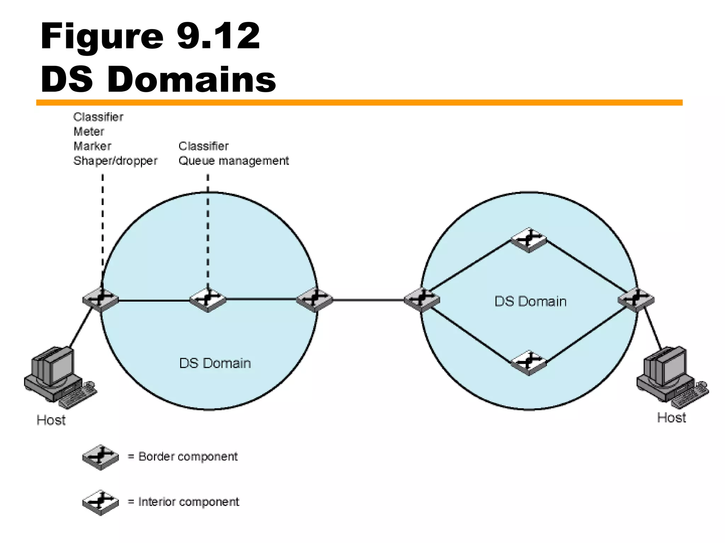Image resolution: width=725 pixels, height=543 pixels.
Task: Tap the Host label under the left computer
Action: [x=51, y=420]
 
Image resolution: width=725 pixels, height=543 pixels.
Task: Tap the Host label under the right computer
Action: [x=671, y=418]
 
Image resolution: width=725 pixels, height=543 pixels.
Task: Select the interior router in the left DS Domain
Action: [x=208, y=300]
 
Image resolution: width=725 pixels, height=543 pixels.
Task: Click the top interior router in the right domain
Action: [x=529, y=240]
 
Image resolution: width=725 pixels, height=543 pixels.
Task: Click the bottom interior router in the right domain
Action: [x=529, y=362]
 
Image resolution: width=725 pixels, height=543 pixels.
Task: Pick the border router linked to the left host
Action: [x=101, y=300]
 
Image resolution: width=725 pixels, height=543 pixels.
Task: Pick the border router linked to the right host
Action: [x=636, y=300]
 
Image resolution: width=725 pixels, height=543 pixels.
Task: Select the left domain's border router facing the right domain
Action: [x=315, y=300]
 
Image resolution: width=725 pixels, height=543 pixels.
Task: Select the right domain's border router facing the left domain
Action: [x=422, y=300]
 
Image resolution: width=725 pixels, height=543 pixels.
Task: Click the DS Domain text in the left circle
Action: [x=215, y=363]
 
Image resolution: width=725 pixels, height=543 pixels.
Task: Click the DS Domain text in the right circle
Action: [x=530, y=302]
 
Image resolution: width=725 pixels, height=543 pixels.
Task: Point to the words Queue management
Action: [x=234, y=161]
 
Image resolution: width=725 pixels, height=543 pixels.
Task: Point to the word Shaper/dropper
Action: [x=115, y=161]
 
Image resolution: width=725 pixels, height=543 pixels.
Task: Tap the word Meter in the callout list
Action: [x=89, y=132]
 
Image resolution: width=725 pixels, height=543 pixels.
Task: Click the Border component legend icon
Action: [x=101, y=457]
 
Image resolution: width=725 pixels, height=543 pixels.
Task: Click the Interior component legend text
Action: [x=188, y=502]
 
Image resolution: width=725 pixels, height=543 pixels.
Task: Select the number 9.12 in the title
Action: [x=218, y=36]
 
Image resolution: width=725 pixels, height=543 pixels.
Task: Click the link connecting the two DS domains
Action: [x=368, y=300]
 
